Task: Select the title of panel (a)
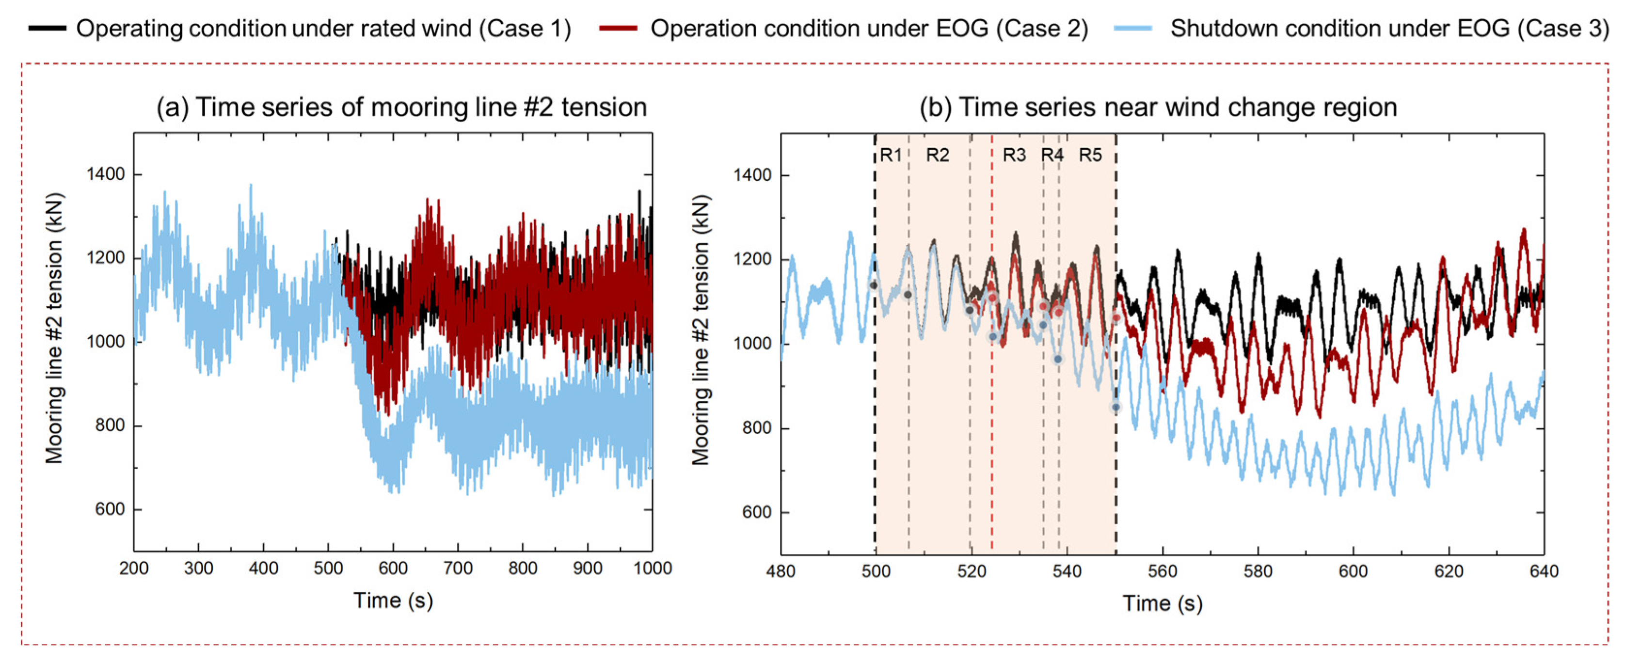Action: point(402,107)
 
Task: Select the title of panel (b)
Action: point(1158,107)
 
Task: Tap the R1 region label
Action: point(891,155)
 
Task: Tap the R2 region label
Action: point(938,155)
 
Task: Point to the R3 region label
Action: point(1014,155)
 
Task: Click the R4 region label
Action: point(1051,155)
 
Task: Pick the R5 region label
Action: point(1090,155)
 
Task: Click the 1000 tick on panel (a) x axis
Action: point(652,568)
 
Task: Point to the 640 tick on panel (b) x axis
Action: point(1544,571)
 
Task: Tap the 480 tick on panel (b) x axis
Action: point(781,571)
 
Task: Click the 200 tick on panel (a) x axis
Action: point(134,568)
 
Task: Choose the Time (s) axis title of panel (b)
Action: point(1163,603)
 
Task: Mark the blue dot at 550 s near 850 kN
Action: point(1116,407)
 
